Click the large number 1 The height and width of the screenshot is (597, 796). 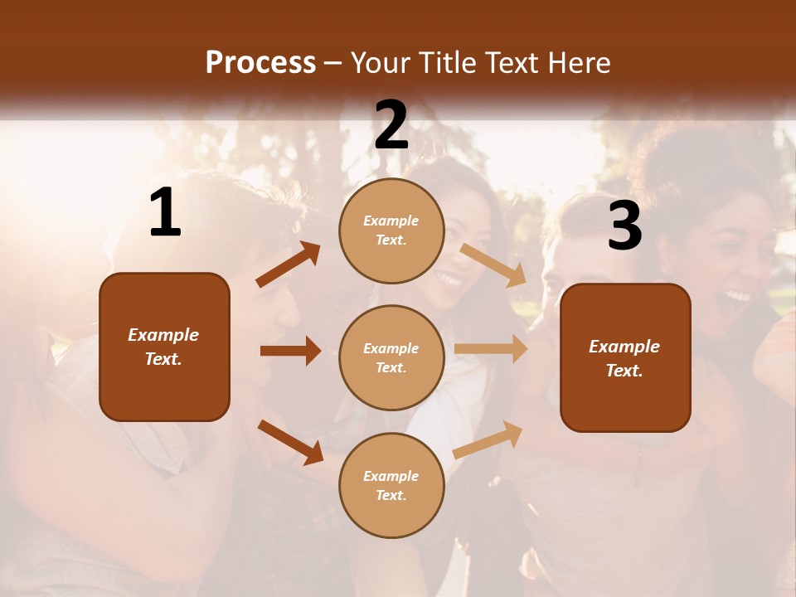point(165,214)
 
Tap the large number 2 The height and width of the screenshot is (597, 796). point(391,125)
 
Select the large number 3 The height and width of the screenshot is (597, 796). point(624,226)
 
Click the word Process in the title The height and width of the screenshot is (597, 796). point(260,63)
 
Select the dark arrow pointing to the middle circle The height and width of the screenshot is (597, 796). point(290,351)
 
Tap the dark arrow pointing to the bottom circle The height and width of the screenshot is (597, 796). point(290,441)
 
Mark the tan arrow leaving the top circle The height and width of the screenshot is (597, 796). point(493,265)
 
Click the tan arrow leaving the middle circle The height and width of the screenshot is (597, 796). point(491,349)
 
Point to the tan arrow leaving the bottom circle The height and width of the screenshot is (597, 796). point(488,439)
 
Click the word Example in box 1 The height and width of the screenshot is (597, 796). point(163,335)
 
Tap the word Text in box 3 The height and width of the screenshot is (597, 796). point(624,371)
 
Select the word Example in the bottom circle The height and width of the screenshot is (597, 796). point(391,476)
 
